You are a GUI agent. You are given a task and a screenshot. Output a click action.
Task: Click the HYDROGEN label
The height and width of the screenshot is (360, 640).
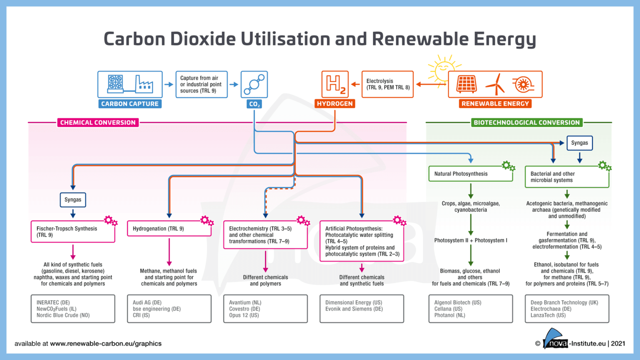click(x=335, y=104)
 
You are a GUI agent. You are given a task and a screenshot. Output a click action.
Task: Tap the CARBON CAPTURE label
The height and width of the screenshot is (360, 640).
click(x=130, y=104)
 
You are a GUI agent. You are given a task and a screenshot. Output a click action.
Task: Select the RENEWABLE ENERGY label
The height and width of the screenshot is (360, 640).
click(x=495, y=104)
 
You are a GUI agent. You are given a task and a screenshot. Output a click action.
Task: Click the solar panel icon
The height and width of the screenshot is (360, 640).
click(x=467, y=84)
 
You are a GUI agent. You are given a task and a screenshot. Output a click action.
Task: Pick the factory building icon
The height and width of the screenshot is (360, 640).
click(x=144, y=84)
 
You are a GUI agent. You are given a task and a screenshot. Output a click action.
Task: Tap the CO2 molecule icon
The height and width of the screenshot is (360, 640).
click(x=254, y=84)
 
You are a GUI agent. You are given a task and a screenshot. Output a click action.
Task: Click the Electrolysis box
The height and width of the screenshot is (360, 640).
click(x=387, y=84)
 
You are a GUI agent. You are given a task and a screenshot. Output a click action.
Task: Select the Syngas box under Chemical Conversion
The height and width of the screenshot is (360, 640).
click(x=73, y=200)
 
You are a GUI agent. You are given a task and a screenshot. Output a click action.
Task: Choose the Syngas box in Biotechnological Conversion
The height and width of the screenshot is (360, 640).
click(x=579, y=143)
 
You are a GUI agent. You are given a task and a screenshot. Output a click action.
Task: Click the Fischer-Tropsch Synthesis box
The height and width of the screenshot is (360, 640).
click(x=73, y=232)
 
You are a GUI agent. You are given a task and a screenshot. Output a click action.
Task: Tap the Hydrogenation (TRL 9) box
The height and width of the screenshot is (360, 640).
click(x=169, y=229)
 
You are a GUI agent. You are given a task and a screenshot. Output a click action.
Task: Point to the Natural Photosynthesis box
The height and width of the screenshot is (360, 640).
click(x=470, y=174)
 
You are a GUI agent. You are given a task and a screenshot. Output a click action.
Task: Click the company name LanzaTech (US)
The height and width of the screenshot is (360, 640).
click(x=548, y=315)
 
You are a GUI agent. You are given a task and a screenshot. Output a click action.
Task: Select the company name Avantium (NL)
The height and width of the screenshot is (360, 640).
click(x=245, y=302)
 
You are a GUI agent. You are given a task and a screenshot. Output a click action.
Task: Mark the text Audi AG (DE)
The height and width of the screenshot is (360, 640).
click(x=147, y=302)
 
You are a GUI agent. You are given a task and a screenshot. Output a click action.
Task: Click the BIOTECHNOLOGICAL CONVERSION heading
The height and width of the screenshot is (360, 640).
click(x=527, y=122)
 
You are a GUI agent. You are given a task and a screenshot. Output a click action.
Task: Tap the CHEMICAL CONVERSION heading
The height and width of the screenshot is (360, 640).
click(x=98, y=122)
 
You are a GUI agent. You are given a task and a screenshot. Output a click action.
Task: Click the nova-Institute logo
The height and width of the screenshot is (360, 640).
click(x=556, y=340)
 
